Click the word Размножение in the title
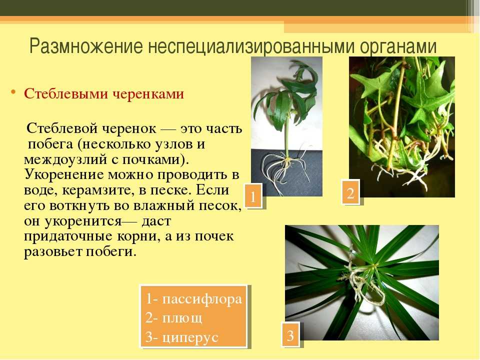coord(86,46)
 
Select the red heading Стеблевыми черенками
coord(104,93)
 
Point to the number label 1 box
coord(253,196)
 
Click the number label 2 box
coord(350,192)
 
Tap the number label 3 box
coord(290,335)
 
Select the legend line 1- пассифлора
coord(194,298)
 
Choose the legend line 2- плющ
coord(174,318)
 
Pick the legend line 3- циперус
coord(182,337)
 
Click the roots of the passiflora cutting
coord(283,171)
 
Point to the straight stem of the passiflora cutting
coord(287,134)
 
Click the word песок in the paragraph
coord(218,205)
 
